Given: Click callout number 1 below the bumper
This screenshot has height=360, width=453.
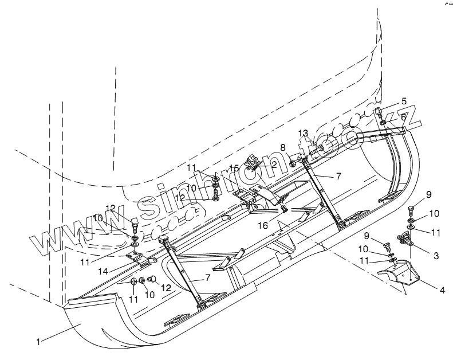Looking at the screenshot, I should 38,343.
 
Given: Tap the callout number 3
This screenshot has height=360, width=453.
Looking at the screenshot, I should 436,256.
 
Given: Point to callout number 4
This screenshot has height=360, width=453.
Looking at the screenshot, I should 442,291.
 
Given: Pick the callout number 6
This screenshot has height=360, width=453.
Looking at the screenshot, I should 404,116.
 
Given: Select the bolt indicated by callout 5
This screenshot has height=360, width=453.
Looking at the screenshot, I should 379,112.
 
